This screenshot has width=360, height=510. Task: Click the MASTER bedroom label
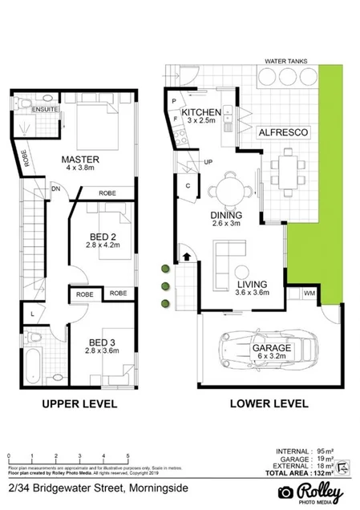pyautogui.click(x=79, y=159)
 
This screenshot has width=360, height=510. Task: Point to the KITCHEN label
pyautogui.click(x=200, y=111)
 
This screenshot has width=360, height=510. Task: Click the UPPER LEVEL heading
pyautogui.click(x=79, y=403)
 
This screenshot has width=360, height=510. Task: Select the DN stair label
pyautogui.click(x=56, y=188)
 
